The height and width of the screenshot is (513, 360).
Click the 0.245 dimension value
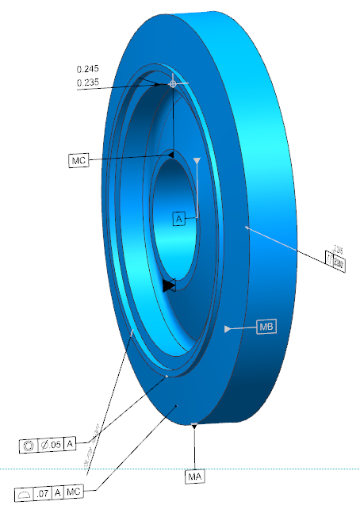tap(88, 70)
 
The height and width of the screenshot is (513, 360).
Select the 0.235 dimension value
tap(88, 82)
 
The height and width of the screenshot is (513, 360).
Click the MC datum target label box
tap(78, 161)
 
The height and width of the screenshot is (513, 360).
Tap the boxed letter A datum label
tap(179, 218)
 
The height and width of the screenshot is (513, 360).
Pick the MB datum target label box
tap(267, 327)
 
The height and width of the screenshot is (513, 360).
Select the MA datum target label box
tap(194, 477)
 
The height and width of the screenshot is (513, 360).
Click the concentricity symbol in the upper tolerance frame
tap(29, 445)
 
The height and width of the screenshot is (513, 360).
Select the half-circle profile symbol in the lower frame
tap(24, 493)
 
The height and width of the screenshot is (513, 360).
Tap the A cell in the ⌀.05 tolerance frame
tap(70, 445)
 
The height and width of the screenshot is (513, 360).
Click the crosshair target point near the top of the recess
tap(173, 82)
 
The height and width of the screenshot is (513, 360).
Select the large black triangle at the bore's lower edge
tap(167, 285)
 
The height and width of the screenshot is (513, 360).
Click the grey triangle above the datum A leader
tap(197, 161)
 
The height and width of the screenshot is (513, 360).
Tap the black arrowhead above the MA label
tap(194, 426)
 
